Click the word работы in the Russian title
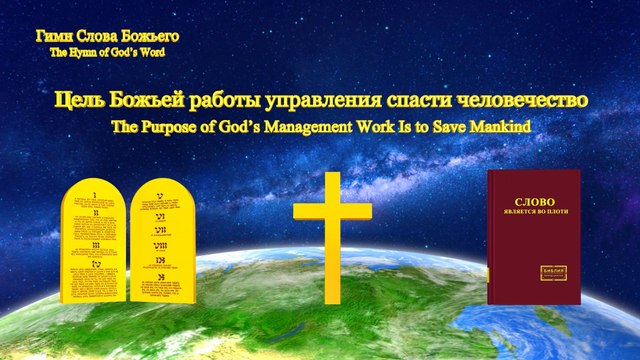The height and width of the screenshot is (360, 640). pyautogui.click(x=226, y=102)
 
